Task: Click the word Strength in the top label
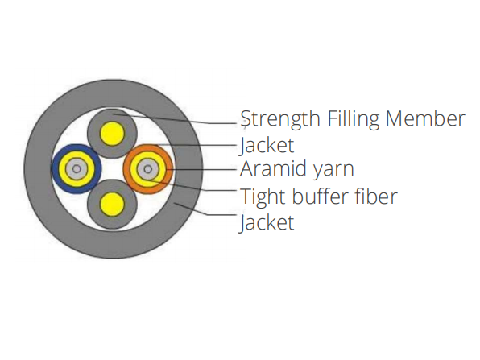[280, 119]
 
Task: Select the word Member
[425, 118]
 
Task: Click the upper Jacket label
[267, 146]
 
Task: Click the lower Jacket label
[267, 222]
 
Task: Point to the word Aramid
[272, 168]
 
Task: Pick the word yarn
[333, 171]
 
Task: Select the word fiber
[375, 196]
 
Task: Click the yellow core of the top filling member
[112, 134]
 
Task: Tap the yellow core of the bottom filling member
[112, 204]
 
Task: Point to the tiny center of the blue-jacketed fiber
[77, 169]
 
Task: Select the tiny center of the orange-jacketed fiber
[148, 169]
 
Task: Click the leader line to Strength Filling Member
[176, 119]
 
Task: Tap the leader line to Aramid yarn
[201, 169]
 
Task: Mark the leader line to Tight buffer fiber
[192, 185]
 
